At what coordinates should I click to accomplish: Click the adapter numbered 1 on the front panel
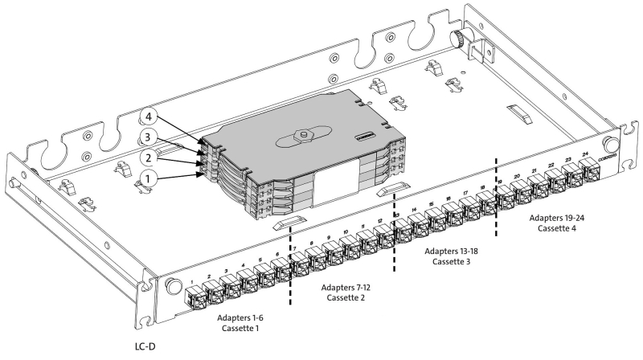coord(195,297)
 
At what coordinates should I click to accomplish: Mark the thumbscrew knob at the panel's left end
coord(171,286)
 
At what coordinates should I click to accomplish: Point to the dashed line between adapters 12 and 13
coord(394,241)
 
